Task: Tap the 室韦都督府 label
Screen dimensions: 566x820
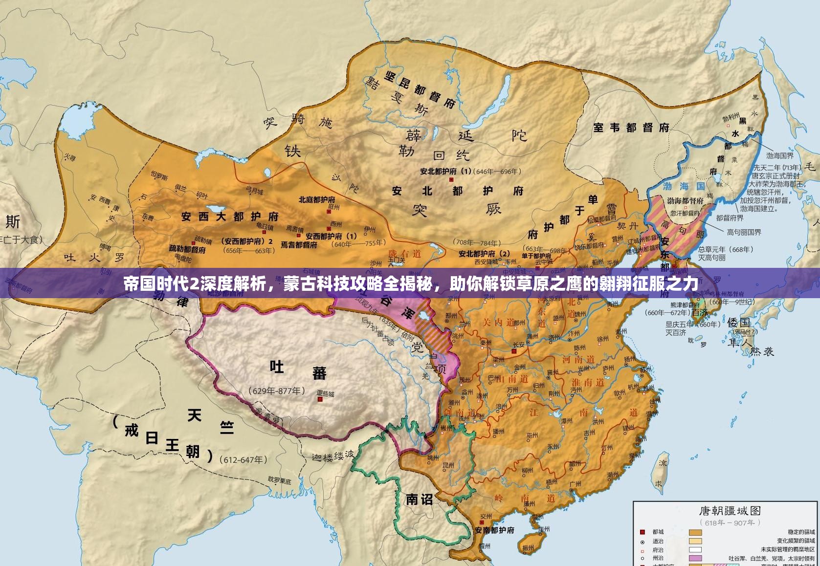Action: pos(631,128)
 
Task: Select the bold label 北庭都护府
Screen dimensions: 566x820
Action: pos(317,199)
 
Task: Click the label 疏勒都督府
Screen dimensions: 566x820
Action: pos(187,249)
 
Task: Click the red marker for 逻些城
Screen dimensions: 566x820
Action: pos(320,399)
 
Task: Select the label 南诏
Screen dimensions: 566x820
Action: pos(420,499)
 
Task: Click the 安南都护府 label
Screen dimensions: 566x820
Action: pos(494,530)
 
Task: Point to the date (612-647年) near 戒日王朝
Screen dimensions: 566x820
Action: pos(244,459)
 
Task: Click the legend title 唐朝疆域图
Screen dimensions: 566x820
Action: pos(730,511)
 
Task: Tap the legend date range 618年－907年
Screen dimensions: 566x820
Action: pos(730,522)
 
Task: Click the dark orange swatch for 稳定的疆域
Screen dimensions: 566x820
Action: pos(695,532)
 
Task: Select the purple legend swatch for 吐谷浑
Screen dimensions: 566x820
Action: pos(695,558)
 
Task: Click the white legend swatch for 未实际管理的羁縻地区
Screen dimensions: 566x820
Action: pos(695,549)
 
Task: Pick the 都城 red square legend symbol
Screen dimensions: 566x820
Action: pos(643,532)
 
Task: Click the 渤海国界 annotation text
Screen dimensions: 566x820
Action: pos(780,156)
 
